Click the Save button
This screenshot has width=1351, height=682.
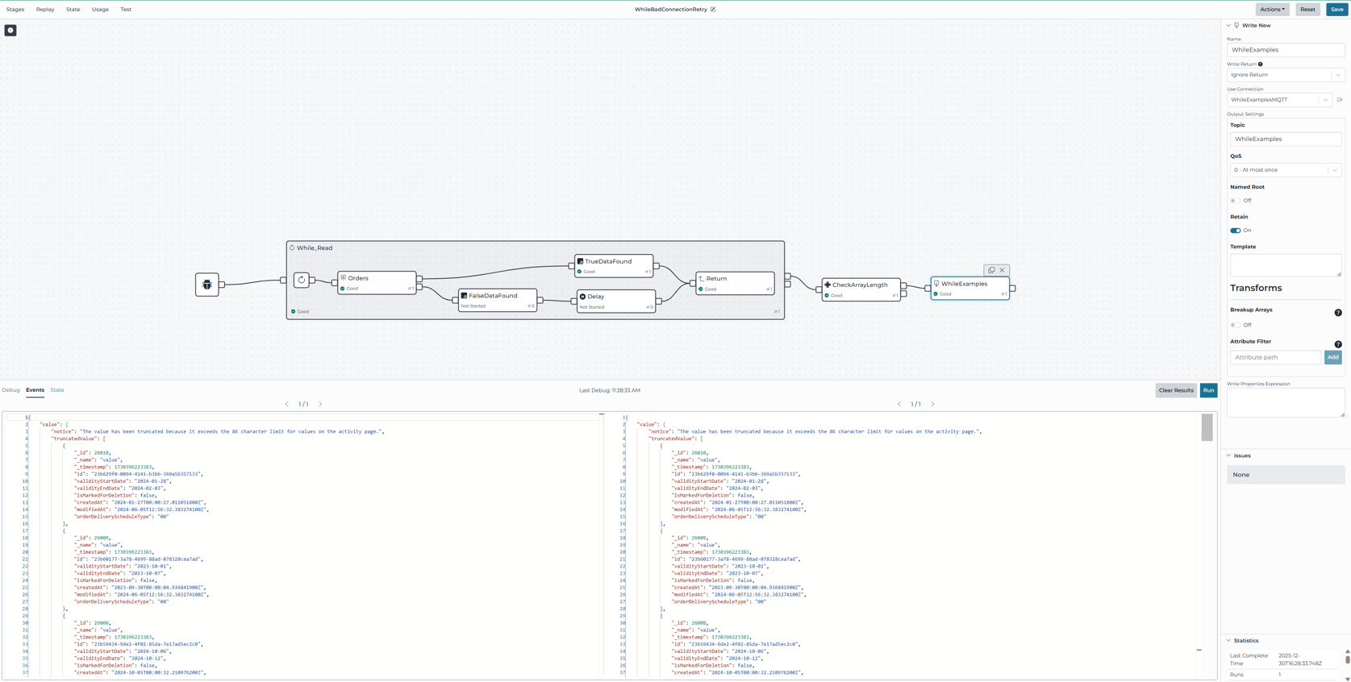(1337, 10)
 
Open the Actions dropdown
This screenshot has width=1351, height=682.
(1272, 10)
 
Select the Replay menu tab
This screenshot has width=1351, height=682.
(45, 10)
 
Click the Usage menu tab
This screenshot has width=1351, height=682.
(100, 10)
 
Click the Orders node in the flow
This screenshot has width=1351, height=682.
(377, 282)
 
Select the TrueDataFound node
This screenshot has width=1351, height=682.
(614, 265)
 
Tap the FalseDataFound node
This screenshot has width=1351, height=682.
(497, 300)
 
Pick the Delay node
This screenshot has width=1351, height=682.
(616, 301)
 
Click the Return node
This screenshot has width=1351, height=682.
(735, 283)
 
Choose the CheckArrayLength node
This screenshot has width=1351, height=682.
(861, 289)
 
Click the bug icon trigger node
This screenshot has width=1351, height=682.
(207, 285)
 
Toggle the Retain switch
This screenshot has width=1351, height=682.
(1236, 231)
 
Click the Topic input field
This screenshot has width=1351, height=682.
(1285, 139)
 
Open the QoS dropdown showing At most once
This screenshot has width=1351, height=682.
(1285, 170)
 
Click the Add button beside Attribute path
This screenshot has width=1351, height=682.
(1332, 357)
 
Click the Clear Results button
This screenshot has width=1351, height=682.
(1176, 390)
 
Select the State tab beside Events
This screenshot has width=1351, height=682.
(57, 390)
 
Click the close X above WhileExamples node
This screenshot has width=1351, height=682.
(1003, 270)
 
